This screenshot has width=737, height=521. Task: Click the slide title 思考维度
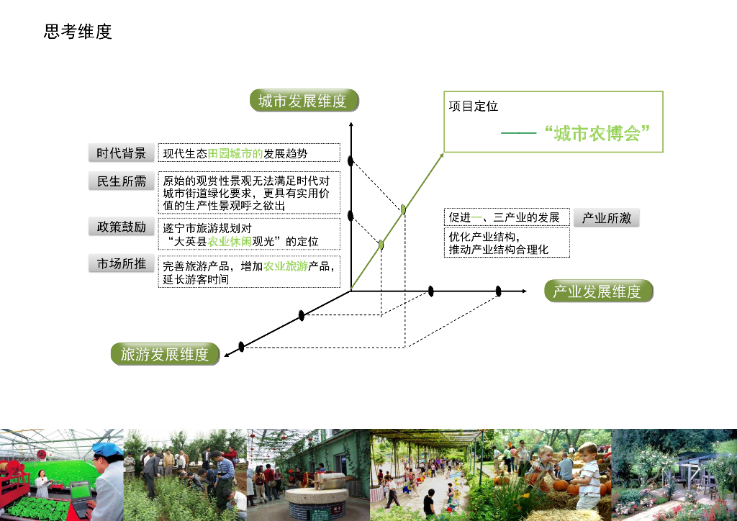point(78,32)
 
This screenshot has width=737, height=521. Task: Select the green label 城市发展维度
point(303,101)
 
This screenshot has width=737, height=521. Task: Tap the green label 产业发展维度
point(597,291)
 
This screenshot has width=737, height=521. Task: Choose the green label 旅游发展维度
point(165,354)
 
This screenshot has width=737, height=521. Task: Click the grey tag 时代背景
point(121,153)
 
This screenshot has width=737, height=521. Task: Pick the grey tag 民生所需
point(121,181)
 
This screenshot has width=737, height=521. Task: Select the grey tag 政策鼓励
point(121,227)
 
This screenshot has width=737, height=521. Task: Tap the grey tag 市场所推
point(121,264)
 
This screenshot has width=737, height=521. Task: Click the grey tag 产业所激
point(606,218)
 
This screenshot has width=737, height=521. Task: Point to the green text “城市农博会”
point(597,133)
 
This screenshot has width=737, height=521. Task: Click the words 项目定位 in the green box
point(474,107)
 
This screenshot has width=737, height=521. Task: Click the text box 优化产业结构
point(506,243)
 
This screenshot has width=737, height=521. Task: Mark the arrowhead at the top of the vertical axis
point(351,126)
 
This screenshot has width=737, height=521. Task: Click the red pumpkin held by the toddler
point(559,486)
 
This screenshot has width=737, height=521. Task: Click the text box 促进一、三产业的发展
point(506,217)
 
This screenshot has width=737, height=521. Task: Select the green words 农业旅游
point(285,266)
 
